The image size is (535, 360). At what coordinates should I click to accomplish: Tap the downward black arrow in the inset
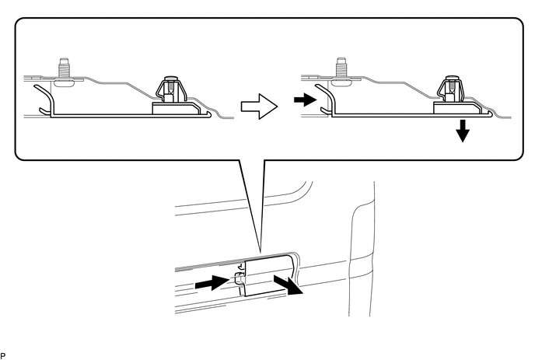[463, 131]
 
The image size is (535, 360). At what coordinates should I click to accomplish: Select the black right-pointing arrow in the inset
[304, 100]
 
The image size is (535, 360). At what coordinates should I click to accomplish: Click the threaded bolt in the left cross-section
[65, 71]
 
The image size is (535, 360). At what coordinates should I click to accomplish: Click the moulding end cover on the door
[268, 272]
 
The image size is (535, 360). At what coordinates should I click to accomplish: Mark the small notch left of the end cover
[240, 279]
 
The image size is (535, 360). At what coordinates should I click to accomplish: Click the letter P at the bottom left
[3, 354]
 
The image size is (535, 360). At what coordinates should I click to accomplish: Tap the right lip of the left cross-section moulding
[208, 115]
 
